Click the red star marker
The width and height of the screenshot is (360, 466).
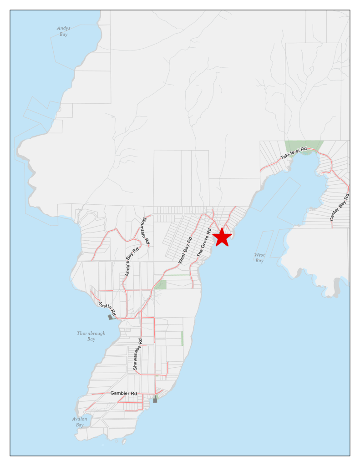click(222, 237)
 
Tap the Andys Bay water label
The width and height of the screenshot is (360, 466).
click(63, 31)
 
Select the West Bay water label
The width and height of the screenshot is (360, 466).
click(259, 258)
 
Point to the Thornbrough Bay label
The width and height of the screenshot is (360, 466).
click(91, 336)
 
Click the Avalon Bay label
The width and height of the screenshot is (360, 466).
click(79, 422)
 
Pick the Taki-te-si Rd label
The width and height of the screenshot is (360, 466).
click(294, 153)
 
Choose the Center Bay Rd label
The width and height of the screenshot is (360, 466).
click(340, 208)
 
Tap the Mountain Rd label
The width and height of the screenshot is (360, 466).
click(145, 231)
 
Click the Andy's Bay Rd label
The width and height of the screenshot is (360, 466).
click(131, 262)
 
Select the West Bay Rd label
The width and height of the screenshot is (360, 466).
click(185, 251)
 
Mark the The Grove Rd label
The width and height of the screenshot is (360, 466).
click(204, 243)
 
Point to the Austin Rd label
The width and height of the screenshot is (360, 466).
click(107, 308)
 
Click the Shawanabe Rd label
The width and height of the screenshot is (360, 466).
click(137, 354)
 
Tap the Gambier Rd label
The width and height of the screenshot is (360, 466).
click(123, 393)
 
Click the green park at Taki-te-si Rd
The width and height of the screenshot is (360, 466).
click(304, 147)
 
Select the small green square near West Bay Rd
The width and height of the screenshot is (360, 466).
click(160, 285)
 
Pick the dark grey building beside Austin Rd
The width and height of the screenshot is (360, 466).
click(110, 317)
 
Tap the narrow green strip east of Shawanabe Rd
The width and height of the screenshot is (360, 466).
click(182, 338)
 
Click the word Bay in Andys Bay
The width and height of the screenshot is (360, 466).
click(63, 35)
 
